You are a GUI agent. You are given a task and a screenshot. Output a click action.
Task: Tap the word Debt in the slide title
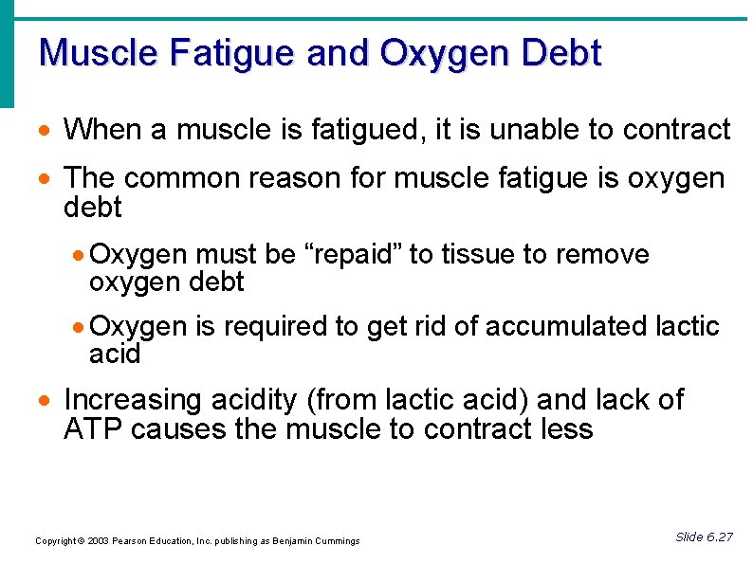(560, 53)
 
